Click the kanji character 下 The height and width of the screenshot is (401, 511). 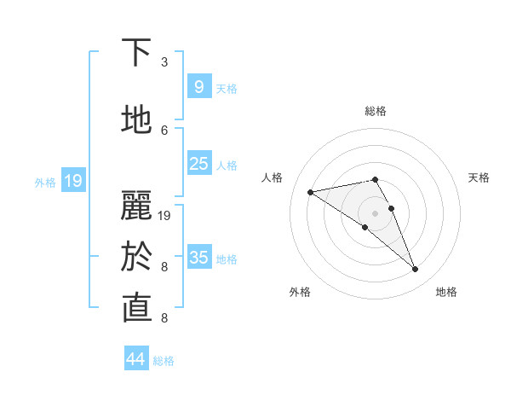[136, 54]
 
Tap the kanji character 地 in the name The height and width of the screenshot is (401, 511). [136, 121]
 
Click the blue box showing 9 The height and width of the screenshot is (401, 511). [198, 87]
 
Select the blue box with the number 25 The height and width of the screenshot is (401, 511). [198, 164]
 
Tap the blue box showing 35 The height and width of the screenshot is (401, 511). [198, 257]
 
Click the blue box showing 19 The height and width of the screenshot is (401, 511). [73, 180]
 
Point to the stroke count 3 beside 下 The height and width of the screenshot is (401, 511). [164, 62]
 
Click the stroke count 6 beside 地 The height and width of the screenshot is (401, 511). [164, 130]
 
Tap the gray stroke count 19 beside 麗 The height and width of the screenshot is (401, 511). [164, 216]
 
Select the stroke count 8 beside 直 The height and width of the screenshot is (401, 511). [164, 318]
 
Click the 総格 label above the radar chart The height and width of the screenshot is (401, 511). [375, 111]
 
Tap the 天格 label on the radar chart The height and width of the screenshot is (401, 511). [479, 177]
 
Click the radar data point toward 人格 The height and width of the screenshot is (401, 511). [310, 192]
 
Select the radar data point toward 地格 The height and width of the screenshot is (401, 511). [415, 270]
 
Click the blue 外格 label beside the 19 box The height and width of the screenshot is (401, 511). [44, 182]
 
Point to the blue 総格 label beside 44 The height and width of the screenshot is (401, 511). [164, 360]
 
